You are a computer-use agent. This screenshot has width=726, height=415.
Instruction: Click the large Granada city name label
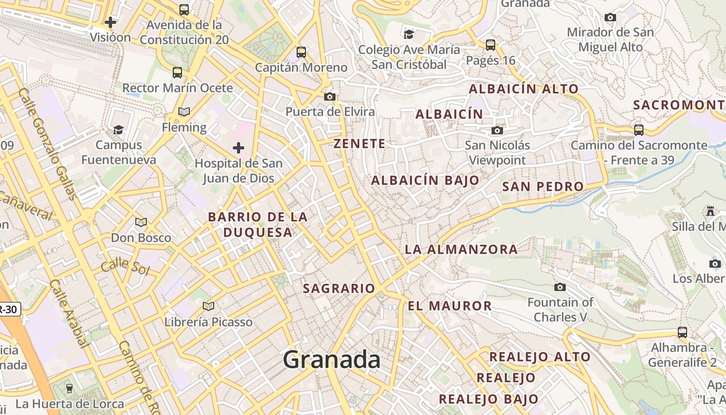[x=331, y=359]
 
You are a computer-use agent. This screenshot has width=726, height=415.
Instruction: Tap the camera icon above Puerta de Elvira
[x=329, y=96]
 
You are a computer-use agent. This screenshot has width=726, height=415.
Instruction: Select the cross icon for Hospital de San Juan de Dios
[x=239, y=148]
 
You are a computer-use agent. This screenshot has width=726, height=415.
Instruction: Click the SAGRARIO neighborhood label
[x=339, y=288]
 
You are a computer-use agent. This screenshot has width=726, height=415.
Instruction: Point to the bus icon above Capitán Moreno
[x=301, y=52]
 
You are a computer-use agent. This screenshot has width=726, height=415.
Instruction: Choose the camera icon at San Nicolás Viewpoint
[x=497, y=130]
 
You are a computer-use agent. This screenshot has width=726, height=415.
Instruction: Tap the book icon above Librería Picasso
[x=208, y=307]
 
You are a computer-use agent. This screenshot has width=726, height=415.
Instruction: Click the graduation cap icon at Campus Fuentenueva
[x=119, y=130]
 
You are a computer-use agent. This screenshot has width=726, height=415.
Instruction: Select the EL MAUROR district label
[x=450, y=306]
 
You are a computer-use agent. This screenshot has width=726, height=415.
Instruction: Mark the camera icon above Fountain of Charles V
[x=560, y=287]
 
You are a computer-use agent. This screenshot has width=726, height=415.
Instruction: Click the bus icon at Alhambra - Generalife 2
[x=682, y=333]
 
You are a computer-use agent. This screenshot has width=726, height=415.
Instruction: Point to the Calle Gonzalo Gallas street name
[x=48, y=144]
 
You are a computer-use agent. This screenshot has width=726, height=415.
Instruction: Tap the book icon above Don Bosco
[x=141, y=223]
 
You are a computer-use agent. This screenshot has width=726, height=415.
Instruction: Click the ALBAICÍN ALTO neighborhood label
[x=524, y=89]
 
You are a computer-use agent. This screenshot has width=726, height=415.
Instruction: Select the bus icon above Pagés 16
[x=490, y=45]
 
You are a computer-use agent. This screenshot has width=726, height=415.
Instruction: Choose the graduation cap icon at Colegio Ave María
[x=409, y=34]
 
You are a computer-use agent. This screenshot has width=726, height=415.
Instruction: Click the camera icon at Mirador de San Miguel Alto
[x=610, y=17]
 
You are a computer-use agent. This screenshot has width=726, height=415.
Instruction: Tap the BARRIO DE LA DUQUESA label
[x=258, y=225]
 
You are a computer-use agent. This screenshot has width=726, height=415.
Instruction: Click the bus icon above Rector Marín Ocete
[x=177, y=73]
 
